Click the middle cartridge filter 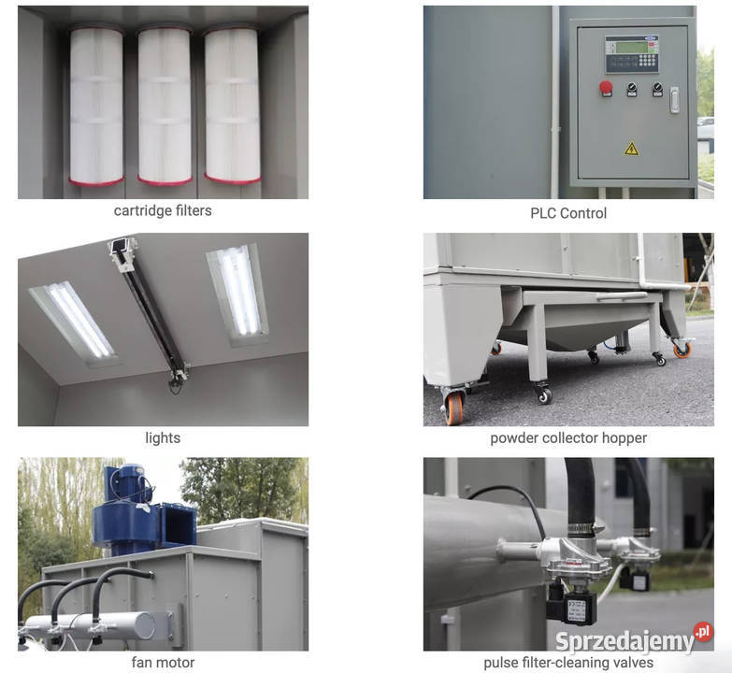tap(165, 106)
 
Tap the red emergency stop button tap(606, 87)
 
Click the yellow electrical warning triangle tap(631, 149)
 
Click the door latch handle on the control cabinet tap(674, 99)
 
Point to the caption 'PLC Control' tap(568, 213)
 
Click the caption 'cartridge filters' tap(163, 211)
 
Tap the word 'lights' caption tap(163, 437)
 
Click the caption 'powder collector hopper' tap(568, 438)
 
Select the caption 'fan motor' tap(163, 663)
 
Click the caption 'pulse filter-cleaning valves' tap(568, 663)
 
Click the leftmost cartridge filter tap(96, 106)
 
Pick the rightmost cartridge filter tap(232, 105)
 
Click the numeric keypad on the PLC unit tap(647, 60)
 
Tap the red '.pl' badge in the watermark tap(703, 632)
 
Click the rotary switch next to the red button tap(632, 88)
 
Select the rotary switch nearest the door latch tap(657, 88)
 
